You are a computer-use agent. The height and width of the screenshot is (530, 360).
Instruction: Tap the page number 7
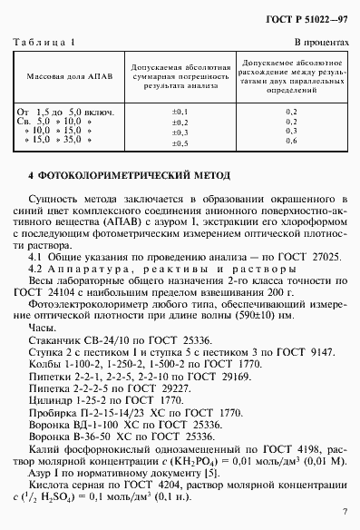(x=345, y=513)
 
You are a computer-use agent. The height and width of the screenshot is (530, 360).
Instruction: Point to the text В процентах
(x=321, y=43)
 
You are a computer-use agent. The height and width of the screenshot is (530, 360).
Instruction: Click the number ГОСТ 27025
(x=314, y=259)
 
